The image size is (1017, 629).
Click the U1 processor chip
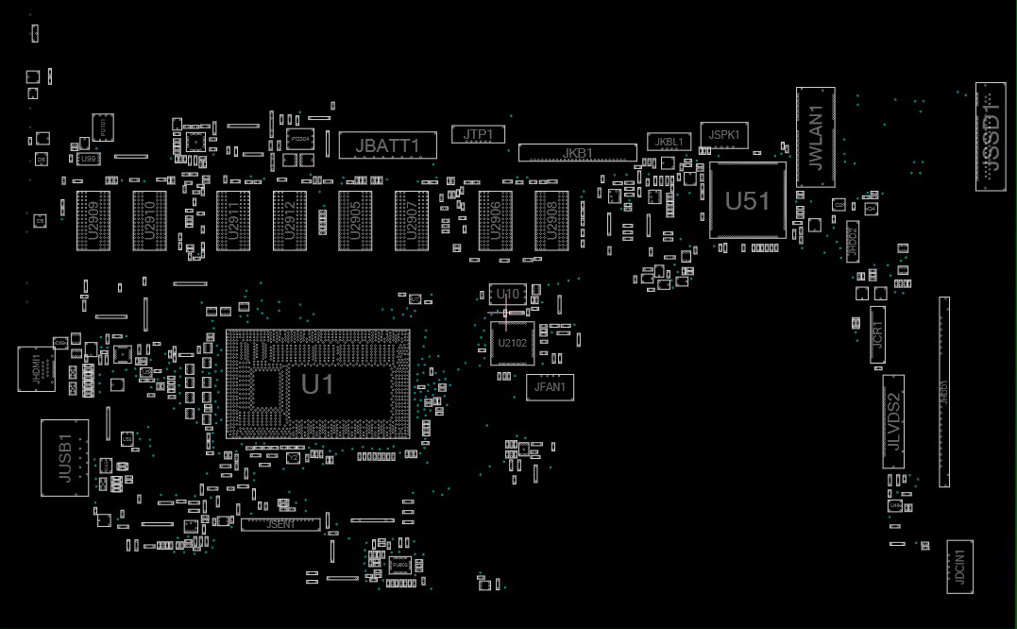tap(318, 384)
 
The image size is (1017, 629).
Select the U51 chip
tap(747, 200)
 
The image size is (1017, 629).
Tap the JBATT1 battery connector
tap(389, 145)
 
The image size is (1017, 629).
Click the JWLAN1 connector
tap(816, 137)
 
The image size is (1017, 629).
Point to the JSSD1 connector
tap(990, 137)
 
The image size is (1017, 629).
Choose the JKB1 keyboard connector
tap(577, 153)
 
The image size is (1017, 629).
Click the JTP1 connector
tap(478, 135)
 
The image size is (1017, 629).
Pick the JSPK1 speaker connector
tap(723, 135)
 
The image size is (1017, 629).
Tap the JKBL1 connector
tap(669, 142)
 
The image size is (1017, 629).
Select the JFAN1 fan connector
tap(550, 386)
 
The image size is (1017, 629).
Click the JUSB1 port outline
tap(65, 458)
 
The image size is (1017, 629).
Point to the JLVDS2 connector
tap(893, 421)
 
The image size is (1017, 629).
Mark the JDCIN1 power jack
tap(959, 567)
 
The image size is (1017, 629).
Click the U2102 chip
tap(513, 343)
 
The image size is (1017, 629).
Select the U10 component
tap(507, 295)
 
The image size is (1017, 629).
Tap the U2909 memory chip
tap(93, 222)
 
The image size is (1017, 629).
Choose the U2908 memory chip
tap(551, 222)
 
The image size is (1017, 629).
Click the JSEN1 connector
tap(280, 524)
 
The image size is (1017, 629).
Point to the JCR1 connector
tap(877, 335)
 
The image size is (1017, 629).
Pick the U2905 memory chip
tap(355, 222)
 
